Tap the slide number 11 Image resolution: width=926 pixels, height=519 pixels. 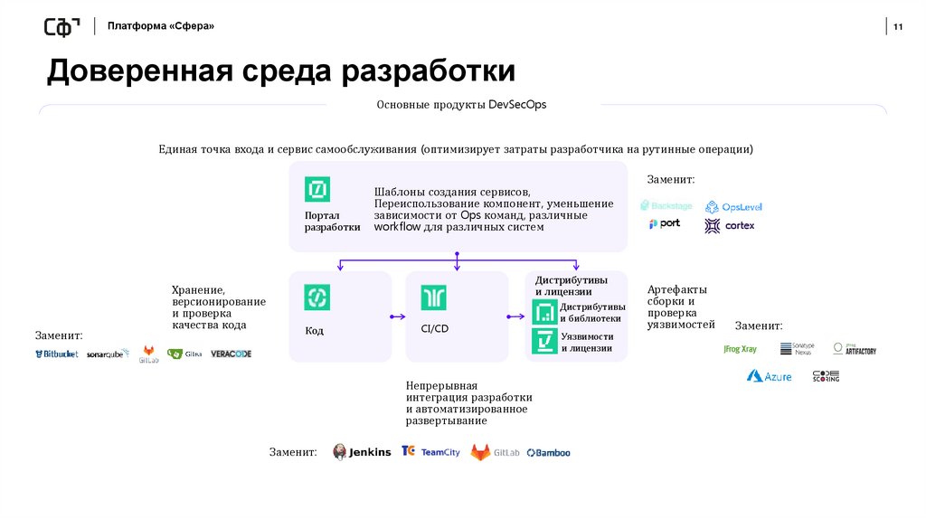pyautogui.click(x=898, y=26)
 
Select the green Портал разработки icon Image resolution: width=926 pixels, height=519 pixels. pyautogui.click(x=317, y=189)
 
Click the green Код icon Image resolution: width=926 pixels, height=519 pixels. pyautogui.click(x=317, y=297)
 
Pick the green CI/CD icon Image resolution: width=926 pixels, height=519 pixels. pyautogui.click(x=434, y=297)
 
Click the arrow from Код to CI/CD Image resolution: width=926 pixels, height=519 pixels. pyautogui.click(x=397, y=316)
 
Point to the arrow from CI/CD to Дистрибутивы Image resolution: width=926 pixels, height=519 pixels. pyautogui.click(x=515, y=316)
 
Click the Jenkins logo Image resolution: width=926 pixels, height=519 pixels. pyautogui.click(x=363, y=452)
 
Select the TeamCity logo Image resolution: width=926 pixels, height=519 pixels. pyautogui.click(x=430, y=452)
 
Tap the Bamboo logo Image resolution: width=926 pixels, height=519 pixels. pyautogui.click(x=548, y=452)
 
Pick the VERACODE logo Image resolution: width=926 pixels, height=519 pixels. pyautogui.click(x=231, y=354)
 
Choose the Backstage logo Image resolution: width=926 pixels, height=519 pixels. pyautogui.click(x=668, y=206)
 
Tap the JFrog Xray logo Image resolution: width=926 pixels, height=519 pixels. pyautogui.click(x=740, y=349)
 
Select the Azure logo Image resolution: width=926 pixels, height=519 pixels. pyautogui.click(x=769, y=376)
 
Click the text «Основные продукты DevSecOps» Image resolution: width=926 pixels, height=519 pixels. pyautogui.click(x=461, y=105)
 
